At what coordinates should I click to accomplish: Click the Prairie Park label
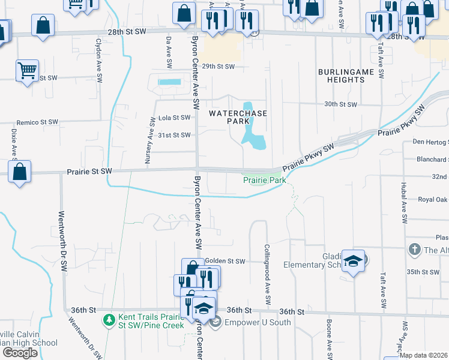(x=264, y=180)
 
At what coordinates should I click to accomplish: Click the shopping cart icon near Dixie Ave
(x=27, y=71)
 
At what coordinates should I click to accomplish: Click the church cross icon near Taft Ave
(x=414, y=249)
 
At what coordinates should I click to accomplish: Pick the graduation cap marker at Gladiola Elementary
(x=354, y=260)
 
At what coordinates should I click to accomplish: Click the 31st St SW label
(x=174, y=136)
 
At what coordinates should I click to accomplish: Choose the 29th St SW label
(x=218, y=67)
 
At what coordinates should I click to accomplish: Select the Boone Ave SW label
(x=330, y=339)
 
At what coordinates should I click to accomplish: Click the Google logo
(x=20, y=353)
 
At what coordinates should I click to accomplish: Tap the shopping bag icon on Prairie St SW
(x=20, y=171)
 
